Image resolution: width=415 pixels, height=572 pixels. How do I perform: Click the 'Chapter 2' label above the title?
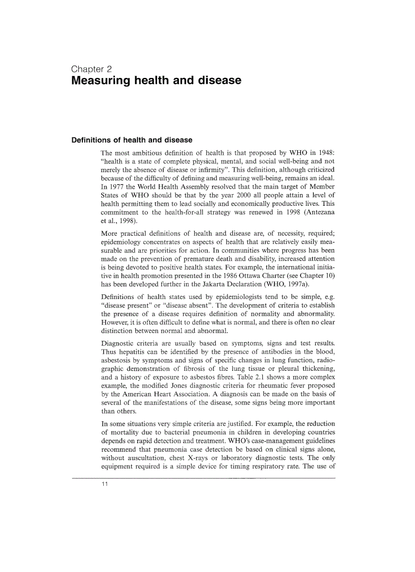(92, 69)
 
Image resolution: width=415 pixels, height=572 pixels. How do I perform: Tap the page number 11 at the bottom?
(105, 484)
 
